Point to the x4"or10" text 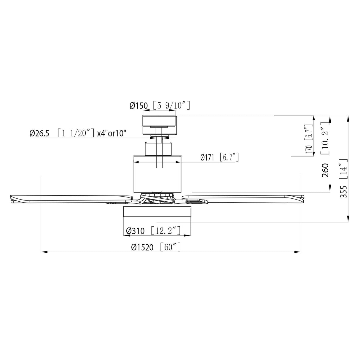click(112, 133)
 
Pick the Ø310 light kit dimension click(135, 231)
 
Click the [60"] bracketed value click(170, 247)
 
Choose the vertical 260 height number click(325, 170)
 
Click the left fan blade click(71, 198)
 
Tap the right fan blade click(243, 198)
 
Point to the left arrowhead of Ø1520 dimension click(43, 252)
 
